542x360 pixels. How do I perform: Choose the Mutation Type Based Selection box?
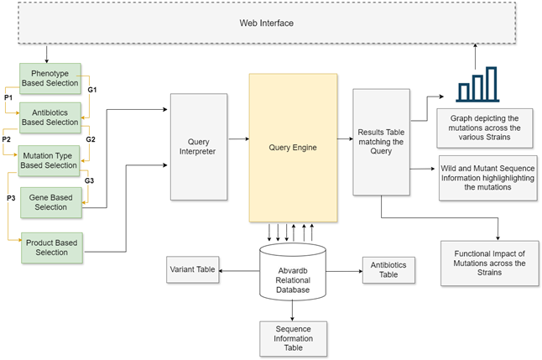[50, 159]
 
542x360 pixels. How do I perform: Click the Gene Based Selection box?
[50, 201]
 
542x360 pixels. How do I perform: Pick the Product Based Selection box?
[50, 248]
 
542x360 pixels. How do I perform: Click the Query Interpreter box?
[198, 147]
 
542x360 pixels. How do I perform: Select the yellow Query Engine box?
[293, 147]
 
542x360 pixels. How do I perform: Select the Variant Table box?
[191, 269]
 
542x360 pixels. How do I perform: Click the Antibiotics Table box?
[388, 269]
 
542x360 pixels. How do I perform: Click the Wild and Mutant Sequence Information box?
[487, 176]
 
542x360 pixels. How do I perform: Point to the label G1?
[92, 89]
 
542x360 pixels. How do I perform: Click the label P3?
[9, 197]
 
